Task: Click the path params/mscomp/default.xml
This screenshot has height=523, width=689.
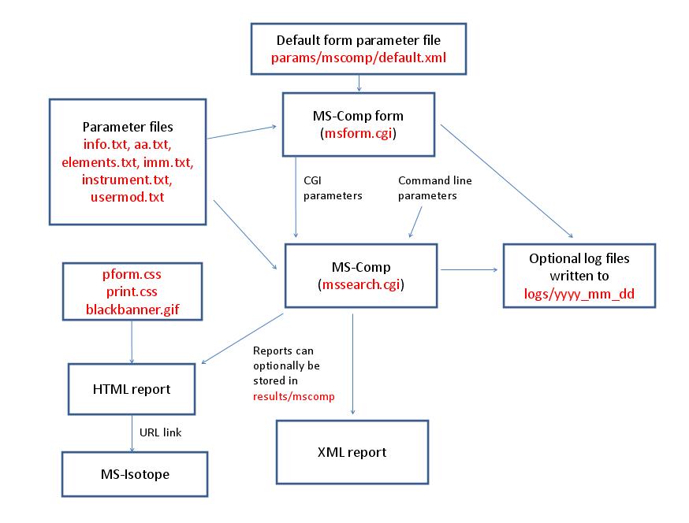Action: pyautogui.click(x=359, y=57)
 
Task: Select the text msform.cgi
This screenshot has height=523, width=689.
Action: pyautogui.click(x=359, y=134)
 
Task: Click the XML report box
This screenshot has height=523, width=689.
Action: pyautogui.click(x=351, y=452)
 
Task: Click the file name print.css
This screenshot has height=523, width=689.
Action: pyautogui.click(x=132, y=291)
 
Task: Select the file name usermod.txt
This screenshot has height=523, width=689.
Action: pyautogui.click(x=128, y=196)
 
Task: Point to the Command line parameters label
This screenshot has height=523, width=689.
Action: pyautogui.click(x=435, y=187)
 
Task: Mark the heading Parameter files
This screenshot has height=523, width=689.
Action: pyautogui.click(x=127, y=127)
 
